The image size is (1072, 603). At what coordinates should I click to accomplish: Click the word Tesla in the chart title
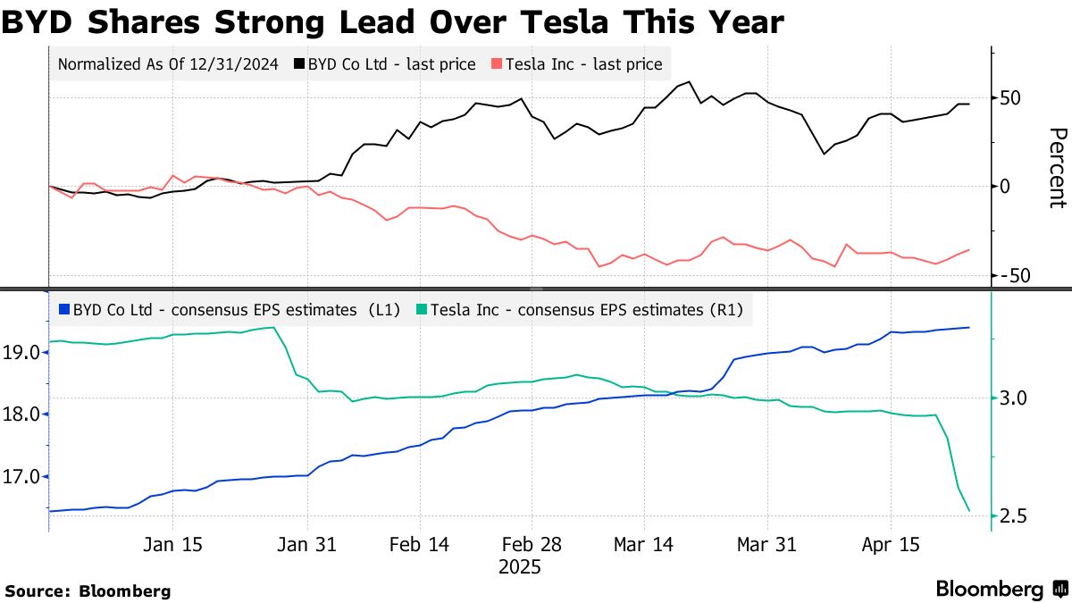[x=579, y=21]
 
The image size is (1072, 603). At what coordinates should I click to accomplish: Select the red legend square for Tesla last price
[x=496, y=64]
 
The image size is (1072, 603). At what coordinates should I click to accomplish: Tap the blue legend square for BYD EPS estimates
[x=63, y=310]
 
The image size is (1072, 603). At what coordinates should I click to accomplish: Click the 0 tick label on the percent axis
[x=1006, y=186]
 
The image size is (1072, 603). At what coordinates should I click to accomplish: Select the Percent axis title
[x=1057, y=168]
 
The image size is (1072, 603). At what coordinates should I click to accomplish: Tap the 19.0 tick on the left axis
[x=21, y=353]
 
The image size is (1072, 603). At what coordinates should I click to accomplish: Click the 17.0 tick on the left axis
[x=21, y=477]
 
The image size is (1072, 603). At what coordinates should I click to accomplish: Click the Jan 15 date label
[x=172, y=545]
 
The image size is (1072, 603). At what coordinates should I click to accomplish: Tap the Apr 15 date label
[x=891, y=545]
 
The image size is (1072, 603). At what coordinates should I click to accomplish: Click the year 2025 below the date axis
[x=520, y=566]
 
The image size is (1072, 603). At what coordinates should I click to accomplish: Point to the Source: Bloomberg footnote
[x=88, y=590]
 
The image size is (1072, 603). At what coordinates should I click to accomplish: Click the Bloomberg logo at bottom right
[x=1001, y=589]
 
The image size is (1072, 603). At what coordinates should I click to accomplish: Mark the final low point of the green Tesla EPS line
[x=969, y=511]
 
